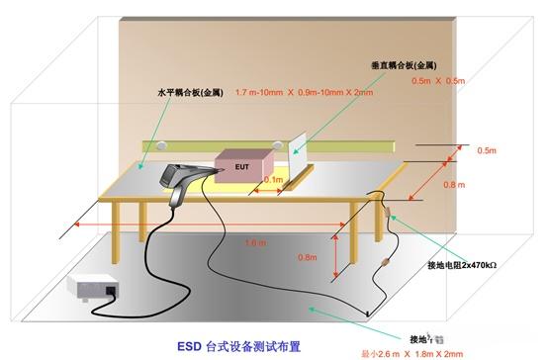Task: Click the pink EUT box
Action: pos(243,167)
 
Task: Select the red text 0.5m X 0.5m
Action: pos(439,81)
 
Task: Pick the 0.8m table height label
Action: pos(308,257)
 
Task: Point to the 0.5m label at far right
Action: pos(486,150)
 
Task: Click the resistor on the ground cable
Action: pos(381,265)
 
